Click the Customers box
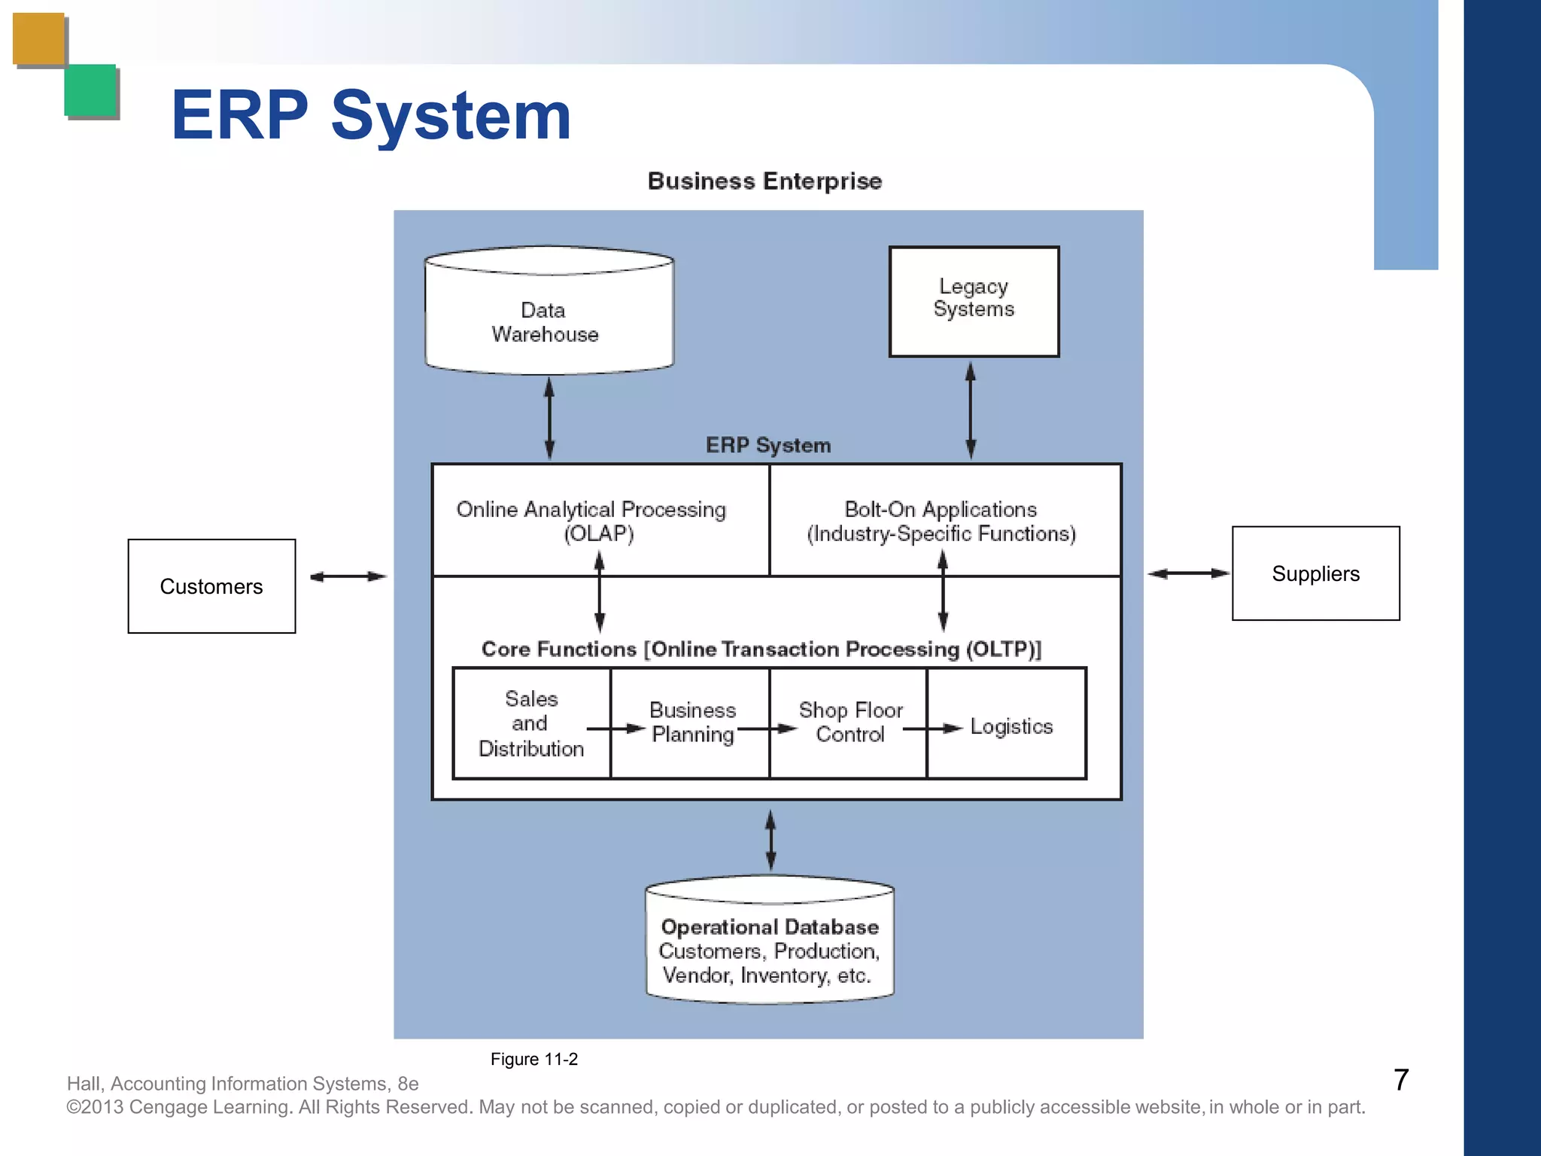211,586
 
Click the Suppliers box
1315,573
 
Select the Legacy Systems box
974,301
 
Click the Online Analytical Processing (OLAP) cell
600,521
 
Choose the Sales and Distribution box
531,723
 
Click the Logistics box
1011,726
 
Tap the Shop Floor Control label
850,722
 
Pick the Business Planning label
692,722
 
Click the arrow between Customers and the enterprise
348,577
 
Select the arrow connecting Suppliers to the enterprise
1188,573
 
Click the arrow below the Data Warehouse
549,418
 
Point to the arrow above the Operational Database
770,840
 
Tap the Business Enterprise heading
764,181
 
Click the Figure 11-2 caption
533,1060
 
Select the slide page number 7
1400,1080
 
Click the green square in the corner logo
90,90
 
